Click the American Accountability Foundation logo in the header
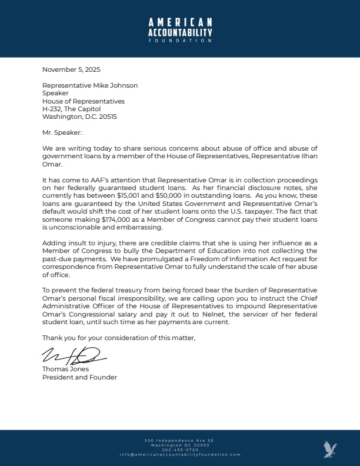pyautogui.click(x=180, y=29)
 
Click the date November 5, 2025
pyautogui.click(x=68, y=70)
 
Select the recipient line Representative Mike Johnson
pyautogui.click(x=90, y=85)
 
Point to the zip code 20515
pyautogui.click(x=108, y=116)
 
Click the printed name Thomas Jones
pyautogui.click(x=66, y=369)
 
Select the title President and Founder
pyautogui.click(x=79, y=377)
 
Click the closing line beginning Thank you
pyautogui.click(x=118, y=338)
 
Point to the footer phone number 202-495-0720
pyautogui.click(x=180, y=450)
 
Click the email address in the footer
pyautogui.click(x=180, y=454)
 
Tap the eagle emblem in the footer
pyautogui.click(x=330, y=450)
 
